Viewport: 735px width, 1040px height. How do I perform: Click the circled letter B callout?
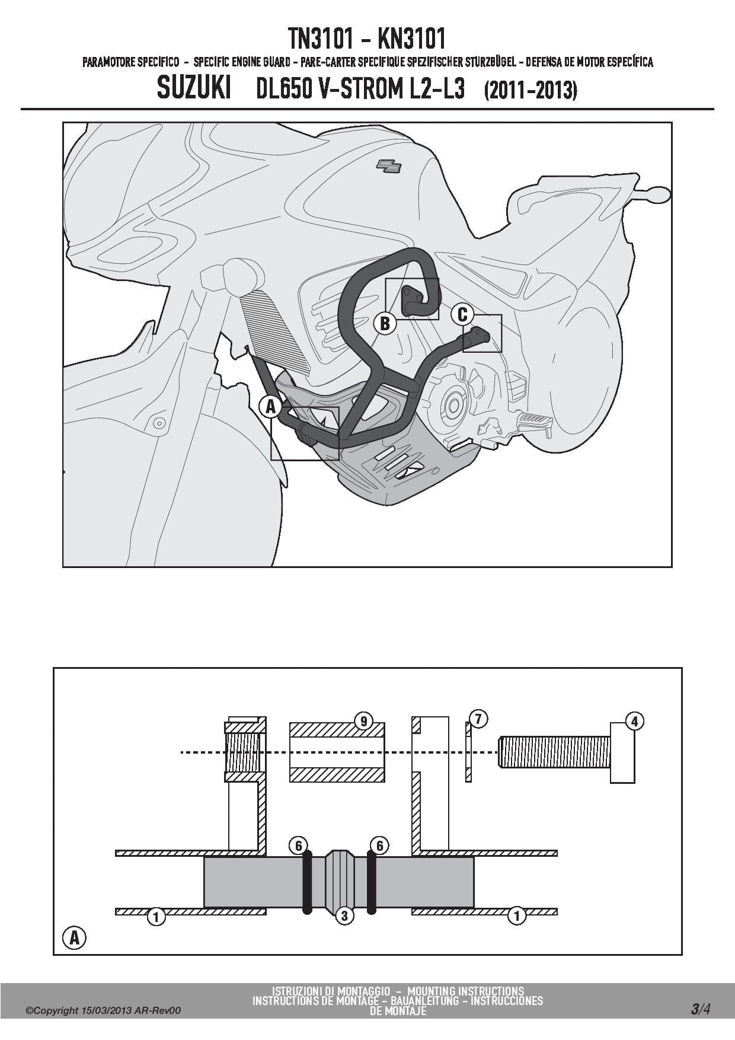click(385, 323)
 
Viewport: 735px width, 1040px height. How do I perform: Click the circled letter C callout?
click(463, 314)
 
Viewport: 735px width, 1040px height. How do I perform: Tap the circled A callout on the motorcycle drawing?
click(270, 407)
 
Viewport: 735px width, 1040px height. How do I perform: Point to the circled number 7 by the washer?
click(478, 719)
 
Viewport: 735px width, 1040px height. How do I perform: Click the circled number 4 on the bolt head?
click(635, 721)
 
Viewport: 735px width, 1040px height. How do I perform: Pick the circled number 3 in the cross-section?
click(344, 915)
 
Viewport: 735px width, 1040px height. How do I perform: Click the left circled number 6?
click(299, 846)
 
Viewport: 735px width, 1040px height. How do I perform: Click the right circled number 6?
click(379, 846)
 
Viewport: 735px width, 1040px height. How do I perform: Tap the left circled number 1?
click(156, 917)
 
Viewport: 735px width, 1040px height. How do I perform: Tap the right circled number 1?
click(517, 916)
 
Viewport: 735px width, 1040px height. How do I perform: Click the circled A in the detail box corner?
click(74, 937)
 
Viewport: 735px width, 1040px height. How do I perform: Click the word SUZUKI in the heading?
click(194, 90)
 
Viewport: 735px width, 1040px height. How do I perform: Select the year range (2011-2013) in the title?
click(531, 91)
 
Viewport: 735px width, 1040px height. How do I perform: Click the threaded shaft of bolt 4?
click(554, 752)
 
